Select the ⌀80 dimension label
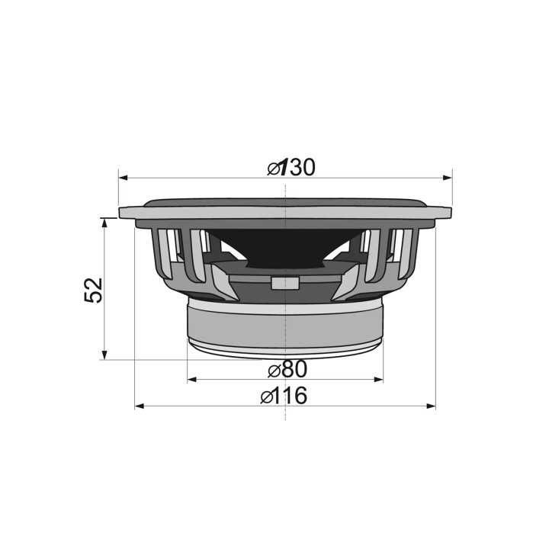[x=287, y=370]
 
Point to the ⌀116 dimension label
[x=284, y=396]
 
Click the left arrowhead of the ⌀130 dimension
[x=123, y=177]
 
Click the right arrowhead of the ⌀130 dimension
[x=448, y=177]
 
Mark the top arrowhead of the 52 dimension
[x=104, y=222]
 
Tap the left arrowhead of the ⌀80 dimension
[x=191, y=379]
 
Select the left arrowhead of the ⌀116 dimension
[x=140, y=406]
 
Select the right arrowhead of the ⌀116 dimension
[x=431, y=406]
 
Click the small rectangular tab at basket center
[x=284, y=283]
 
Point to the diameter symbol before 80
[x=273, y=371]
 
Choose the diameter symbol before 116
[x=266, y=396]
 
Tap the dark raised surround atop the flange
[x=284, y=203]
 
